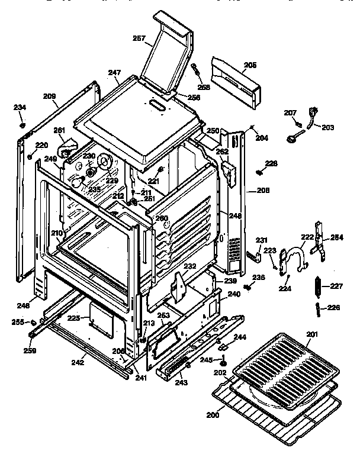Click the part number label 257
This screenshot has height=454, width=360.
139,38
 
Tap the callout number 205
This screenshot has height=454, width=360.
250,65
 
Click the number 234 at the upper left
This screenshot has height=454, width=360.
20,108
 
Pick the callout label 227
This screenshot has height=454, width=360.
336,286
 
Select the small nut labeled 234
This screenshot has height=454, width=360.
21,125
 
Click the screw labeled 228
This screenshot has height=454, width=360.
259,172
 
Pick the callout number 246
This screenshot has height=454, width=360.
23,306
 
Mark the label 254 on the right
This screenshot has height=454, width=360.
336,237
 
